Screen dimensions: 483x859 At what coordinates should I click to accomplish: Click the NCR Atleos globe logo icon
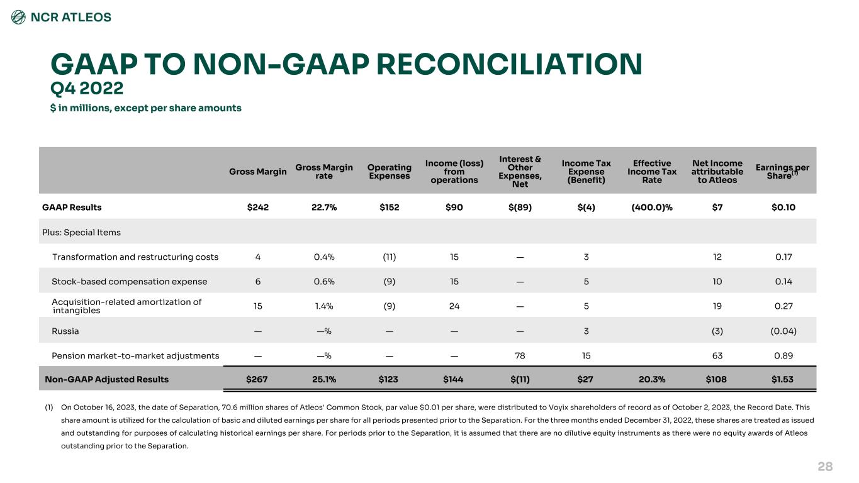pos(19,18)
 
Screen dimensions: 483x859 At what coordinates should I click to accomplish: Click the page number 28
pos(825,466)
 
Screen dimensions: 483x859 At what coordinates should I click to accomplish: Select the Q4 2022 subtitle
pos(87,88)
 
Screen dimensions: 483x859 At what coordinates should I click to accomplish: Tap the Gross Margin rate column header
pos(324,171)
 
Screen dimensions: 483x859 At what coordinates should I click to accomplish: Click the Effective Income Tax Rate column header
pos(652,171)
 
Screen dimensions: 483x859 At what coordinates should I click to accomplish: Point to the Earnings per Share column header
pos(782,172)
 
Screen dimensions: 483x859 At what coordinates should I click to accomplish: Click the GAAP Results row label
pos(72,207)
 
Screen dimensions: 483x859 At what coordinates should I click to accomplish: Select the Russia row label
pos(65,331)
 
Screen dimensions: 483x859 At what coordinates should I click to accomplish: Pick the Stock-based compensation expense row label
pos(130,282)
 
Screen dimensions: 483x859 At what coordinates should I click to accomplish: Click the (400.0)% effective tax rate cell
pos(652,207)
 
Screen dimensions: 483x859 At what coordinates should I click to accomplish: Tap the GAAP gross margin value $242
pos(258,207)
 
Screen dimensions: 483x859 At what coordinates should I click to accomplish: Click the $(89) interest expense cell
pos(520,207)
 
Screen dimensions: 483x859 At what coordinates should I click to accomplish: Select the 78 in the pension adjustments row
pos(520,355)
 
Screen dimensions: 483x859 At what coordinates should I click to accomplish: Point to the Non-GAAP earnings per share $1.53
pos(782,379)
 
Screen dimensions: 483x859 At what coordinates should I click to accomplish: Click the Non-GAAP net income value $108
pos(717,379)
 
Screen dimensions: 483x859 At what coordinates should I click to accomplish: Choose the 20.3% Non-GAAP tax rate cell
pos(652,379)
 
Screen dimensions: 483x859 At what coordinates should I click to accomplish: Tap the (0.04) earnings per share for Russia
pos(783,331)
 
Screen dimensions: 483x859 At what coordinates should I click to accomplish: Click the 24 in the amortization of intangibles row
pos(454,306)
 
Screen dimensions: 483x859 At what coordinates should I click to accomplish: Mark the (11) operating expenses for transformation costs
pos(389,257)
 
